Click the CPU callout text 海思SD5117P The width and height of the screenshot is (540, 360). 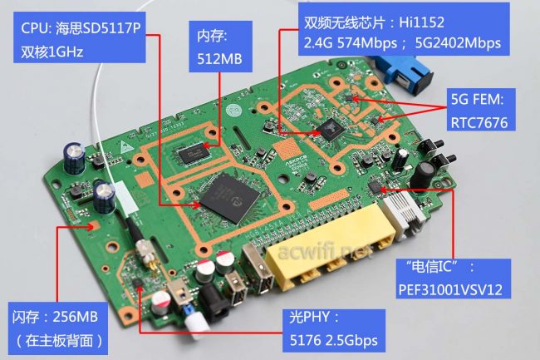99,31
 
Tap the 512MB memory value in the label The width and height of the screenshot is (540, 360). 218,59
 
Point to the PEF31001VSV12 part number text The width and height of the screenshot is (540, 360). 454,292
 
